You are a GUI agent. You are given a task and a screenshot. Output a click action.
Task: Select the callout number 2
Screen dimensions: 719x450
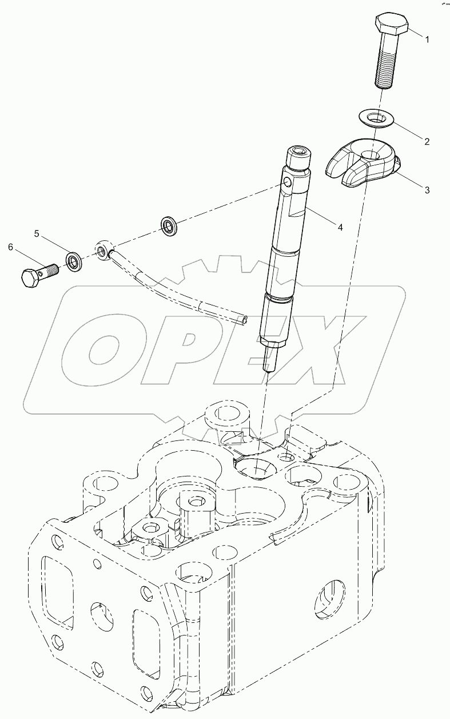coord(427,140)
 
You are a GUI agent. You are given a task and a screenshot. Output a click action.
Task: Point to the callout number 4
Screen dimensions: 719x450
coord(340,227)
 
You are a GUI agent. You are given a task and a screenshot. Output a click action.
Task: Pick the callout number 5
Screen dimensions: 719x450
coord(36,233)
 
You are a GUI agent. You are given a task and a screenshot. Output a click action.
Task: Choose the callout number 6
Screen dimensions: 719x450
coord(10,247)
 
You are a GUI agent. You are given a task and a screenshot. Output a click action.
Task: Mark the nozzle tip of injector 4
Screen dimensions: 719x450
coord(266,366)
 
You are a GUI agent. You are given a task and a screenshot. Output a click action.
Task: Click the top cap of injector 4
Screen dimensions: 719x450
coord(298,154)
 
